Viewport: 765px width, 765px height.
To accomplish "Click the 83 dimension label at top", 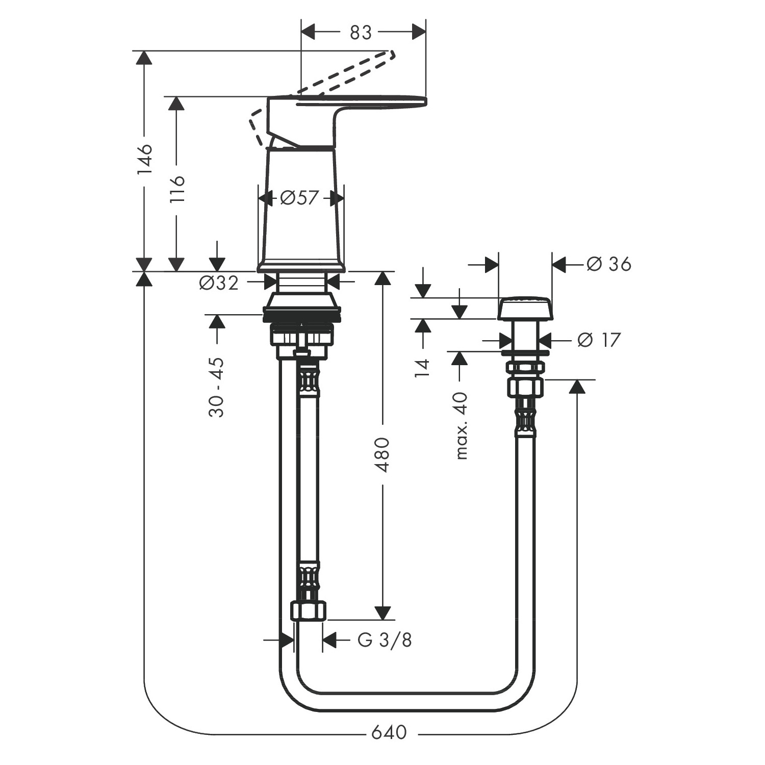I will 361,33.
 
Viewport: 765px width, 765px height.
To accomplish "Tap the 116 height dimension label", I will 177,189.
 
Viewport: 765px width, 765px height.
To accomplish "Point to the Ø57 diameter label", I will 299,198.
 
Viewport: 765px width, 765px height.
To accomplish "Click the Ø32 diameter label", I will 219,283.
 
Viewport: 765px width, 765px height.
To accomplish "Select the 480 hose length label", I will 382,454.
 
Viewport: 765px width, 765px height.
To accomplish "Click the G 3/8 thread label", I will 384,640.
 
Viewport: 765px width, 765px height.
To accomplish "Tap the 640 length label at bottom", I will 389,732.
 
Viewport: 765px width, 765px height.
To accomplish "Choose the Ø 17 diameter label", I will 599,340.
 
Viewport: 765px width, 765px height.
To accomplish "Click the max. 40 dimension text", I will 461,425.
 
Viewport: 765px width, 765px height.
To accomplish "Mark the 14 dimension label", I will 423,367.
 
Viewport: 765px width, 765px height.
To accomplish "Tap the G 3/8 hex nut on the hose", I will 308,610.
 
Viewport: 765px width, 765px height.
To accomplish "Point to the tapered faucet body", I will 301,214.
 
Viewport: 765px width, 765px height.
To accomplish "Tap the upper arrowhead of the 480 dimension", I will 382,278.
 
